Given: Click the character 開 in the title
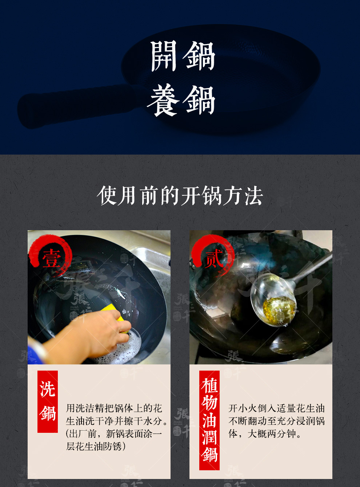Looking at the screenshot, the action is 164,56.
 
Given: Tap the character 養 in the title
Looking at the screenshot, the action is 163,100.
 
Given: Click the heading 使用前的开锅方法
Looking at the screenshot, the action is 180,195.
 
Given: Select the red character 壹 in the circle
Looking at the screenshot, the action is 52,259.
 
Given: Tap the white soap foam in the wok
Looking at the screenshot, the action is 123,349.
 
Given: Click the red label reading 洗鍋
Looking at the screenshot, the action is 48,402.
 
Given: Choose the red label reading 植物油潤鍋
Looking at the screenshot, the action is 209,420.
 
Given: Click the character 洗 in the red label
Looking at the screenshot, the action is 48,389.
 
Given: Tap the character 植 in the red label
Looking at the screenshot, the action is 209,385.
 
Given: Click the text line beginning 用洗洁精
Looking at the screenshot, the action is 114,408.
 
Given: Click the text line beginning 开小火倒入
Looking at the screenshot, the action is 276,408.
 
